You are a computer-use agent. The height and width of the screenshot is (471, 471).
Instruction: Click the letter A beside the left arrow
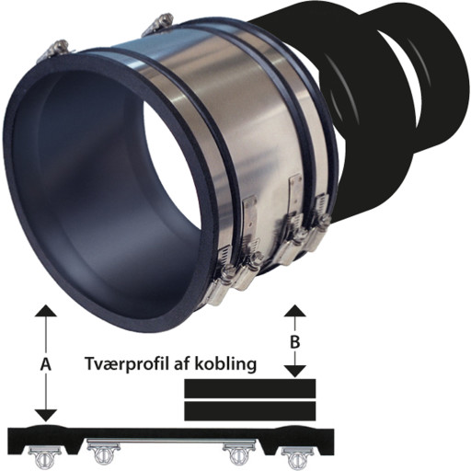click(46, 364)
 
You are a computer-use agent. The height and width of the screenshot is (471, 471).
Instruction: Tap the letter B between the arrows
click(294, 342)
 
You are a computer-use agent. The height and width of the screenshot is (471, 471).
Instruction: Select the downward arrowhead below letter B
click(295, 372)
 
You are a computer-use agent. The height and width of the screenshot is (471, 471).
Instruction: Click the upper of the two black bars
click(250, 388)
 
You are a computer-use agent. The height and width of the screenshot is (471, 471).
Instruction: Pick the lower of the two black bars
click(250, 411)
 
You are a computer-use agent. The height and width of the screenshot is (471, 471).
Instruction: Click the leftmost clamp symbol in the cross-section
click(45, 457)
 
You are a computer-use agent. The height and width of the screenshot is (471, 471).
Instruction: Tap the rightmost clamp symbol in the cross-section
click(296, 457)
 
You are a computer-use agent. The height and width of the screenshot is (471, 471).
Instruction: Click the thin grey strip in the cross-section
click(171, 442)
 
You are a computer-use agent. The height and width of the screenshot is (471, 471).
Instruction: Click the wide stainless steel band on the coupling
click(196, 101)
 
